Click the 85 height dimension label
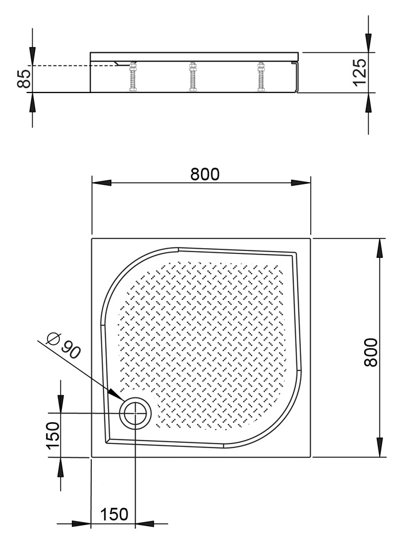24,79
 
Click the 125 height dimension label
360,72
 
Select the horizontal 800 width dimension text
205,174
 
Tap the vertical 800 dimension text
371,353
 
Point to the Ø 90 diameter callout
64,346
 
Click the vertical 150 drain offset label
53,435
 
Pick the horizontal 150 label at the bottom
114,514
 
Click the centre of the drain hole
136,413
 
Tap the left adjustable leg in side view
133,77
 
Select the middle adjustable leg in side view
192,77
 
